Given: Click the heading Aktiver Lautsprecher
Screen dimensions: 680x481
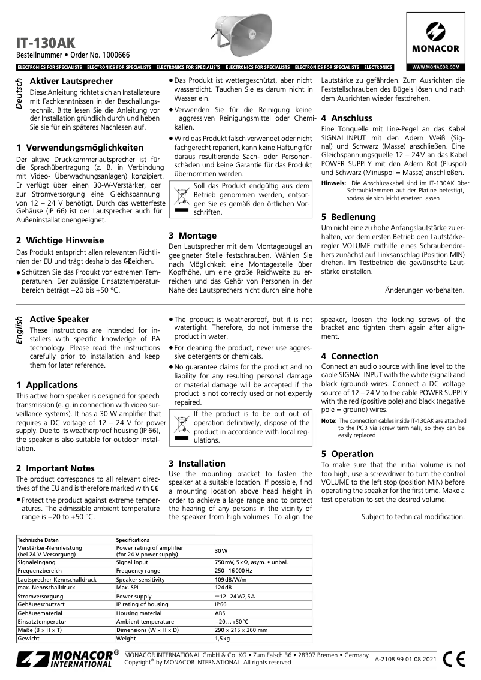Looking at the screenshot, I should tap(71, 81).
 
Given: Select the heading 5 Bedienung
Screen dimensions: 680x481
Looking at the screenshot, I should tap(348, 216).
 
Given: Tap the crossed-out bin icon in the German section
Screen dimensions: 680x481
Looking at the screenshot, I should tap(181, 198).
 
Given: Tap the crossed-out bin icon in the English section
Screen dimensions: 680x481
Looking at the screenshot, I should tap(181, 428).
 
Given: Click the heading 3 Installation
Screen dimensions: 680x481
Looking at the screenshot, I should tap(197, 463).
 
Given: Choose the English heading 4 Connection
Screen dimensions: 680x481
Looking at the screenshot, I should tap(350, 356).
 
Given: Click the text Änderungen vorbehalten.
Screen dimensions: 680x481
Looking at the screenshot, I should tap(424, 290).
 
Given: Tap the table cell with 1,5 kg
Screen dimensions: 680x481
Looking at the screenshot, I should tap(222, 639).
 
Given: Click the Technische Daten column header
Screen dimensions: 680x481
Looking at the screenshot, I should tap(41, 540).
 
